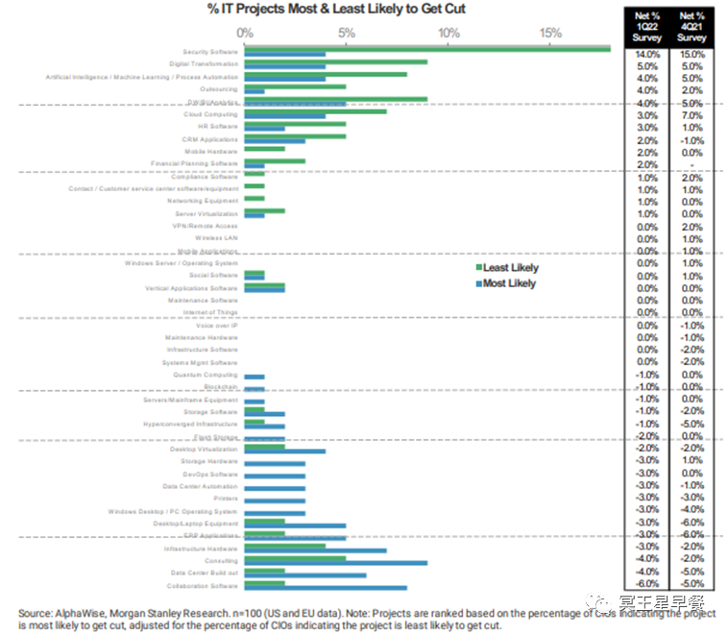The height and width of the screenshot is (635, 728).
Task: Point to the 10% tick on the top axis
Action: (448, 33)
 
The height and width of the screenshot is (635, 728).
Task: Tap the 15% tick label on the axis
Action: (549, 33)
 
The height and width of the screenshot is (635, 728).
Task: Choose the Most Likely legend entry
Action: (506, 283)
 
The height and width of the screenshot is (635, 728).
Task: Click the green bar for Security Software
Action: (427, 49)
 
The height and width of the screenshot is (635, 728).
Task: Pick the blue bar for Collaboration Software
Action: (326, 588)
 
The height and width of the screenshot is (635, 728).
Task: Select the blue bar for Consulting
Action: (336, 563)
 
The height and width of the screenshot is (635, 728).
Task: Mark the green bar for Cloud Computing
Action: (316, 111)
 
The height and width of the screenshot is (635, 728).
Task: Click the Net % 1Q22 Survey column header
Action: (647, 26)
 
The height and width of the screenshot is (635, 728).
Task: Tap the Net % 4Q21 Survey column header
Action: (692, 26)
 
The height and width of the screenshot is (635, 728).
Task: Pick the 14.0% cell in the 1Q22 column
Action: (647, 56)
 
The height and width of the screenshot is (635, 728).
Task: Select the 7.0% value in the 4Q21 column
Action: (692, 115)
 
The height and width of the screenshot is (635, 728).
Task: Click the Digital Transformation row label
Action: (203, 63)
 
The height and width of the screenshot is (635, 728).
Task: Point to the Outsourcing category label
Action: (220, 88)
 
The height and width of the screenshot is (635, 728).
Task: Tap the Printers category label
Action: (225, 500)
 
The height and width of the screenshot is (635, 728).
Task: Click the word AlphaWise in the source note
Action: (81, 612)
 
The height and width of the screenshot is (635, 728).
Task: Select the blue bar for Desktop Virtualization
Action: (285, 451)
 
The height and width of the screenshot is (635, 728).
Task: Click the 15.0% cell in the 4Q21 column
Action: (692, 56)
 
